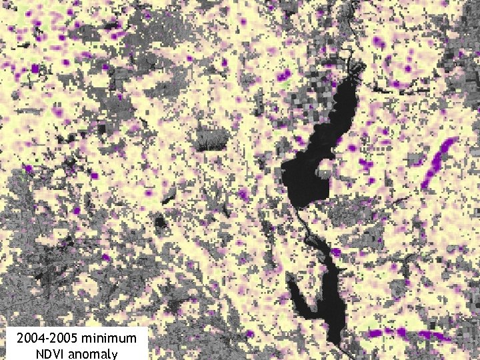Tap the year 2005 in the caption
65,339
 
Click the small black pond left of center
160,223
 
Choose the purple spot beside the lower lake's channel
337,252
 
